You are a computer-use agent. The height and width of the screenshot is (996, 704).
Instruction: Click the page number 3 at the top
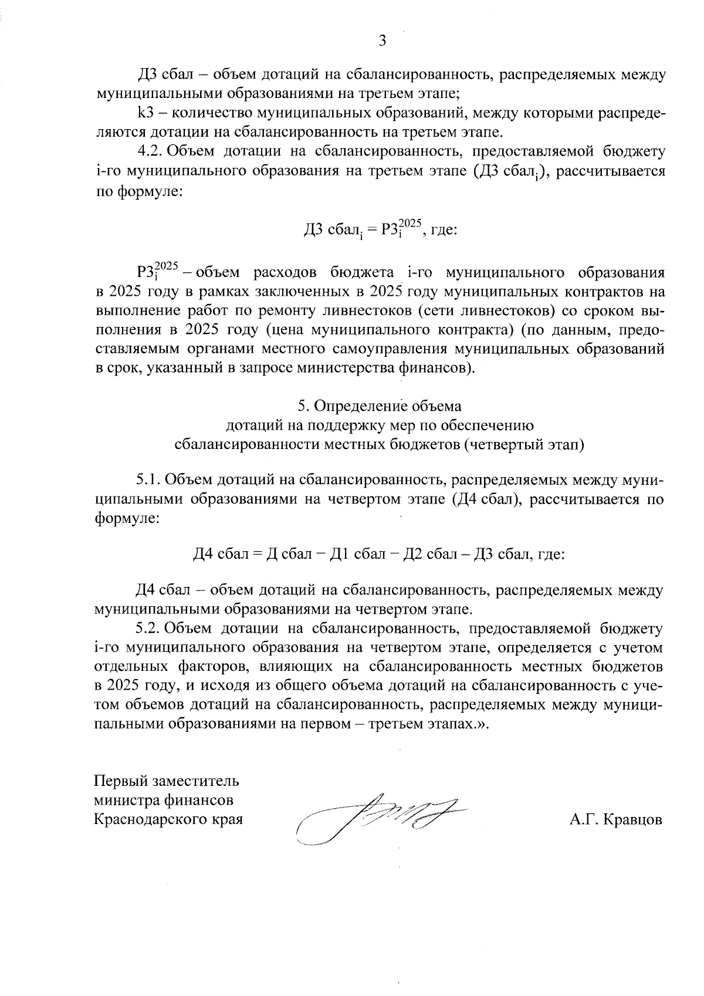(x=382, y=40)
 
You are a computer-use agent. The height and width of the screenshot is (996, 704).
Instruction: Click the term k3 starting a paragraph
(x=145, y=113)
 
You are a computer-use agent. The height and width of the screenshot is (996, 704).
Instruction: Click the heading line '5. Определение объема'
(x=380, y=406)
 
